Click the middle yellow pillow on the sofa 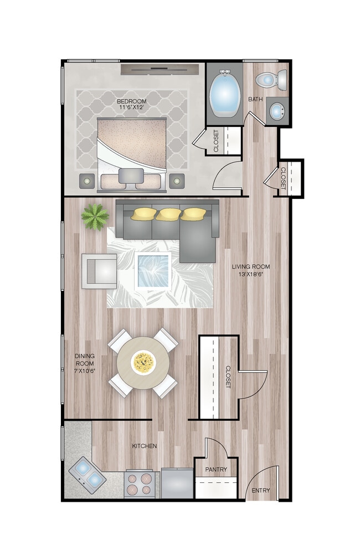pyautogui.click(x=168, y=213)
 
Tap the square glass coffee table pyautogui.click(x=153, y=270)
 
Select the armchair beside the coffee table pyautogui.click(x=100, y=271)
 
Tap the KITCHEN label pyautogui.click(x=144, y=446)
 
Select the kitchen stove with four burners pyautogui.click(x=139, y=484)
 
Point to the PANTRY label pyautogui.click(x=216, y=470)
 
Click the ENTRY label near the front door pyautogui.click(x=261, y=491)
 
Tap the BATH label pyautogui.click(x=255, y=100)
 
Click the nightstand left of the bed pyautogui.click(x=87, y=180)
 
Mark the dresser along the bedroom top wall pyautogui.click(x=160, y=70)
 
